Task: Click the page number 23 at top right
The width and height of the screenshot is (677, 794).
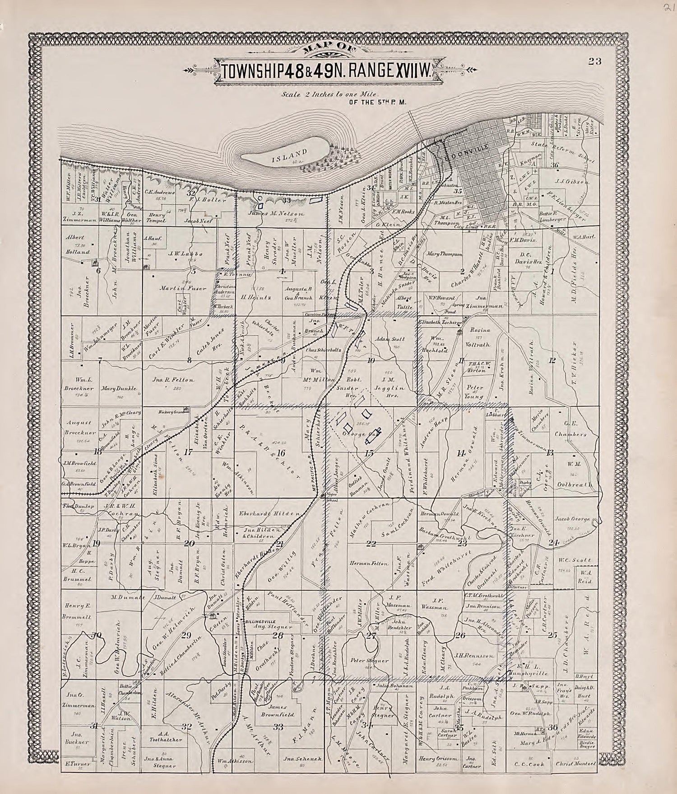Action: [x=595, y=62]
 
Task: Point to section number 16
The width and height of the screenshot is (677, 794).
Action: [x=282, y=453]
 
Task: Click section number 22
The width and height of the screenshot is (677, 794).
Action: [x=371, y=544]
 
